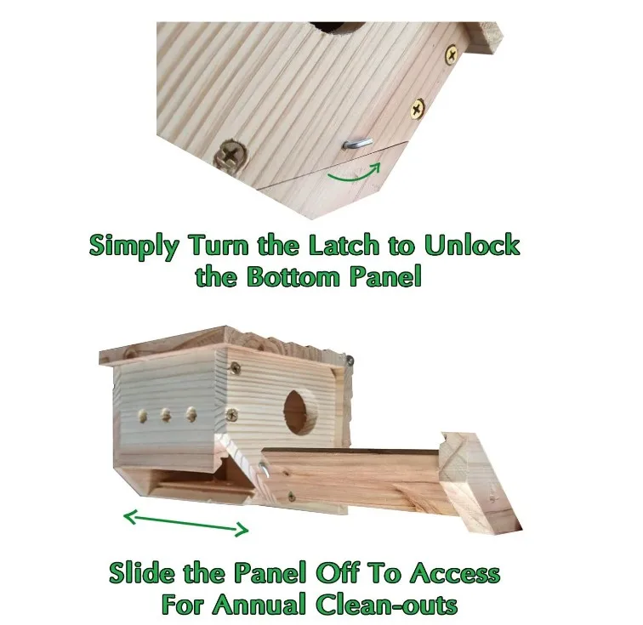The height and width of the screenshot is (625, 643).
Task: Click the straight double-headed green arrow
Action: (x=186, y=521)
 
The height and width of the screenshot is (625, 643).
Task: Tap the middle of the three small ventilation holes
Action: (x=166, y=417)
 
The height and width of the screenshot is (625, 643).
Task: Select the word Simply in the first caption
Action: (x=134, y=246)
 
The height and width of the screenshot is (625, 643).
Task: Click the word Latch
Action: (x=332, y=246)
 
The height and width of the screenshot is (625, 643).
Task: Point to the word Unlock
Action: (x=472, y=246)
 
